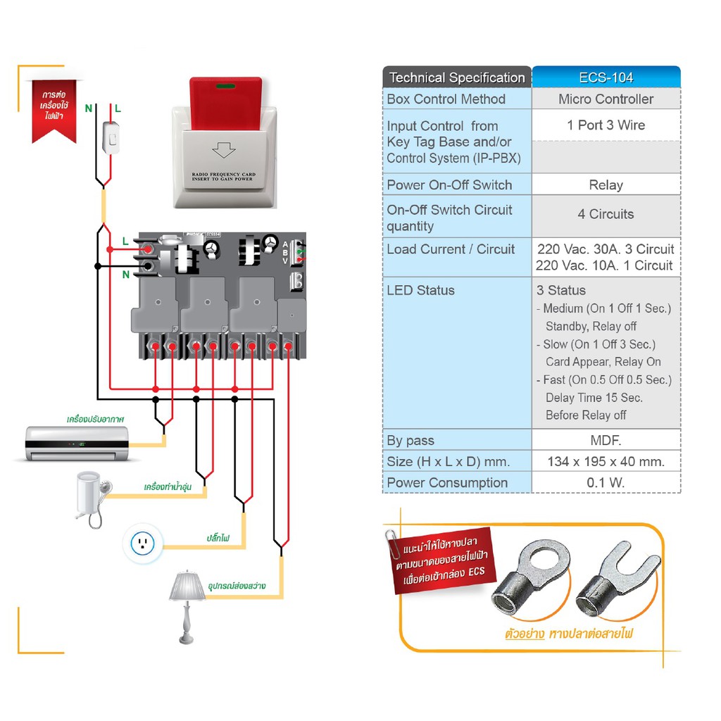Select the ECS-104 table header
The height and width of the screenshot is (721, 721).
(606, 77)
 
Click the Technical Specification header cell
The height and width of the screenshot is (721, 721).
(457, 77)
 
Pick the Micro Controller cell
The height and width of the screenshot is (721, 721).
(606, 99)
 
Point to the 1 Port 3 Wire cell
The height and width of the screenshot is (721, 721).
(606, 125)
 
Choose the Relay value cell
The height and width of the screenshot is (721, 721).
(606, 185)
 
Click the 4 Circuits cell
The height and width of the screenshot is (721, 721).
(606, 214)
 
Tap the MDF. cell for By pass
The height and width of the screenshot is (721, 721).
(606, 441)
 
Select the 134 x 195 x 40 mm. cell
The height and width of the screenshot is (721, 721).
(606, 462)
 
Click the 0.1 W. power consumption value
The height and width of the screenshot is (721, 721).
(606, 483)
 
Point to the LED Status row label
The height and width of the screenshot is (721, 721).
(421, 290)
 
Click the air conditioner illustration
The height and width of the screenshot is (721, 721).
(77, 443)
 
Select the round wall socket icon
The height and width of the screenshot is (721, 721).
(143, 542)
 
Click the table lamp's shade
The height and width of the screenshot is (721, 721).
(187, 586)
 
